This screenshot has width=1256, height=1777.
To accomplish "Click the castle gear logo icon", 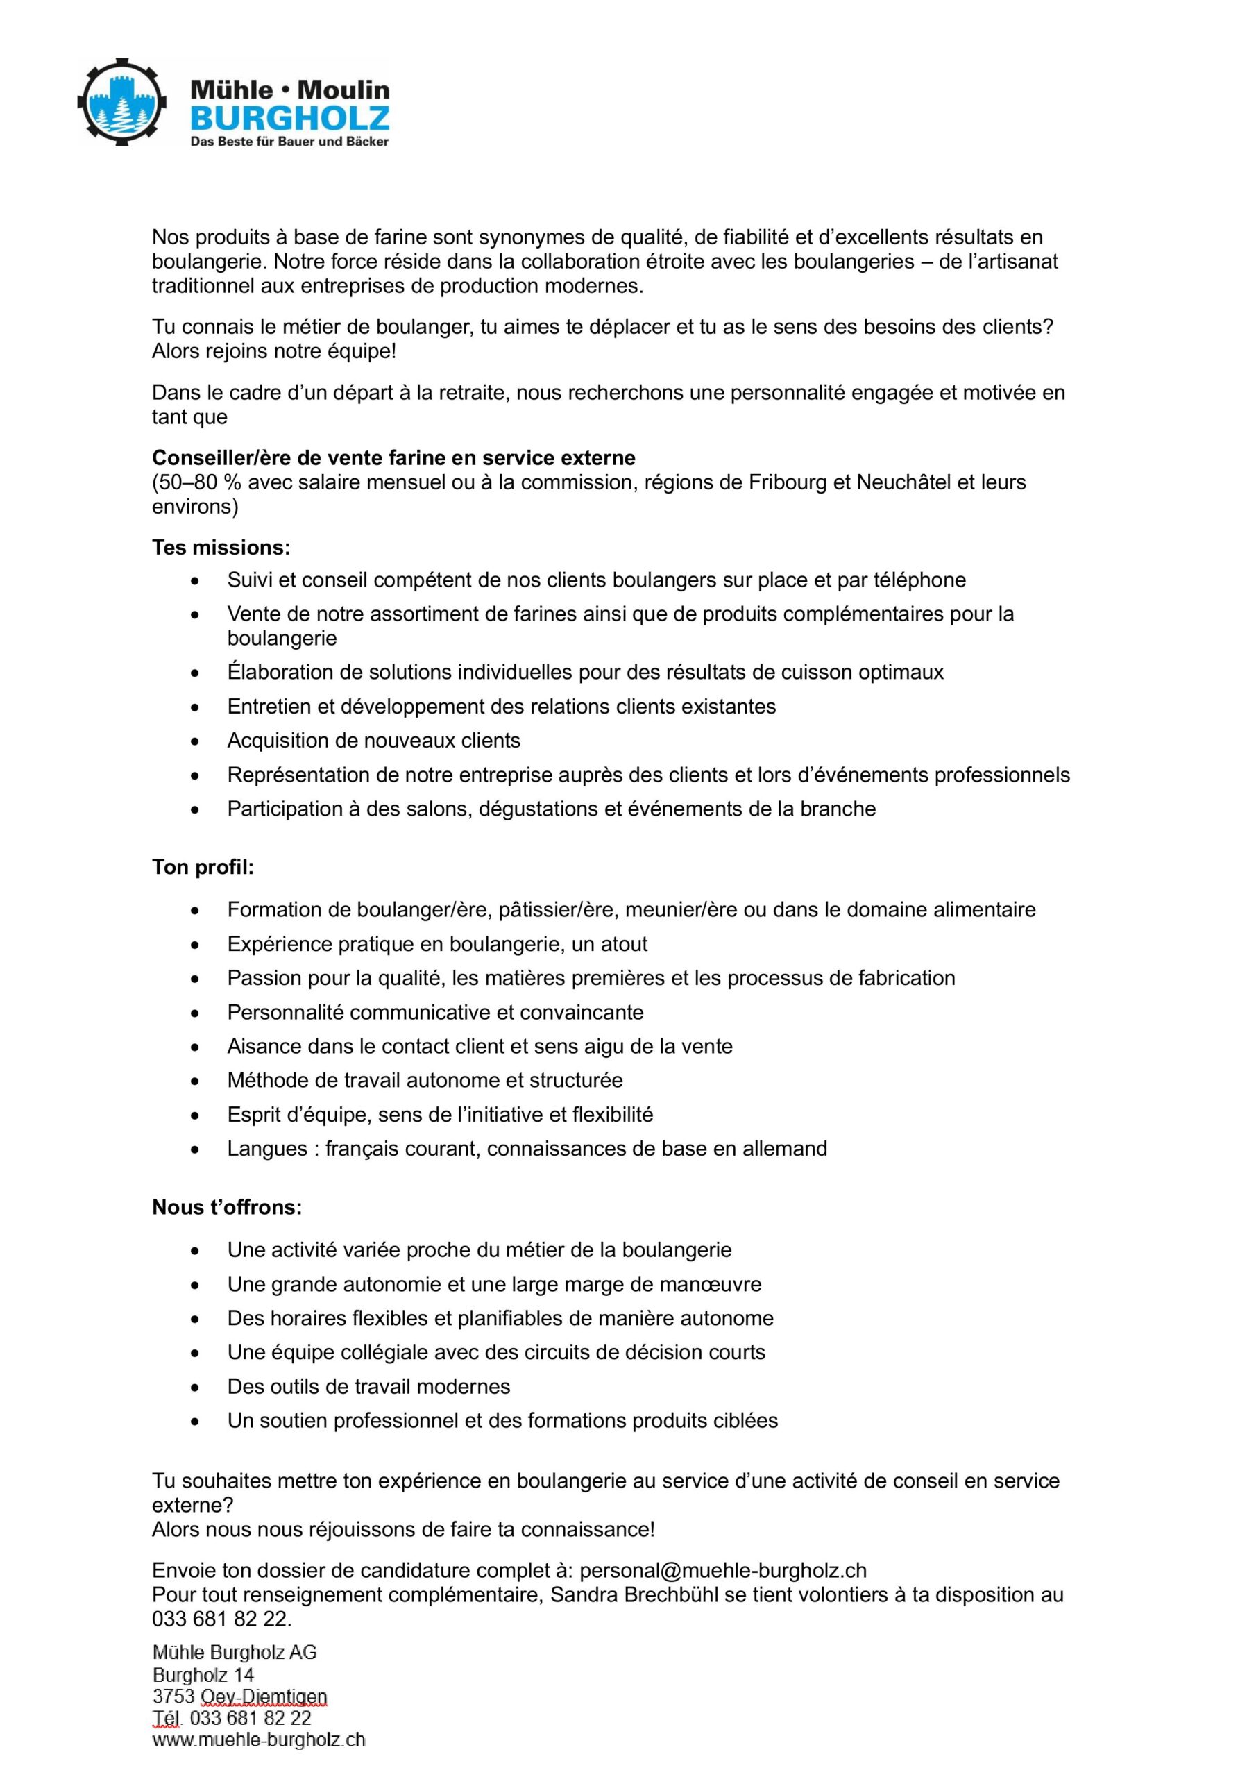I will coord(122,101).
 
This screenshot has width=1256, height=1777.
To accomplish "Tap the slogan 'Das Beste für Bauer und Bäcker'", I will coord(289,142).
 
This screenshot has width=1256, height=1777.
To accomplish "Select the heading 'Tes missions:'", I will coord(221,547).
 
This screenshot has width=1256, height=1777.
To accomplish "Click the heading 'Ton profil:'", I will coord(203,867).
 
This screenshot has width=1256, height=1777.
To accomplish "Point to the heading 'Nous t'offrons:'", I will coord(227,1207).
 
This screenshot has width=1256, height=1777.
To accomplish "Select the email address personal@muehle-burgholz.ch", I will coord(723,1570).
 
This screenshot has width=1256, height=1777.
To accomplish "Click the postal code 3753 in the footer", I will coord(173,1696).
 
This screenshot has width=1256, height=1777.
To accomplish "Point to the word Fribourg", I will coord(786,482).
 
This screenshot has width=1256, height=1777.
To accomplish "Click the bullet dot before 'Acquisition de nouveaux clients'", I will coord(195,741).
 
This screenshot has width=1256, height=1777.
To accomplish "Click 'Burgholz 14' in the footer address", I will coord(203,1675).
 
